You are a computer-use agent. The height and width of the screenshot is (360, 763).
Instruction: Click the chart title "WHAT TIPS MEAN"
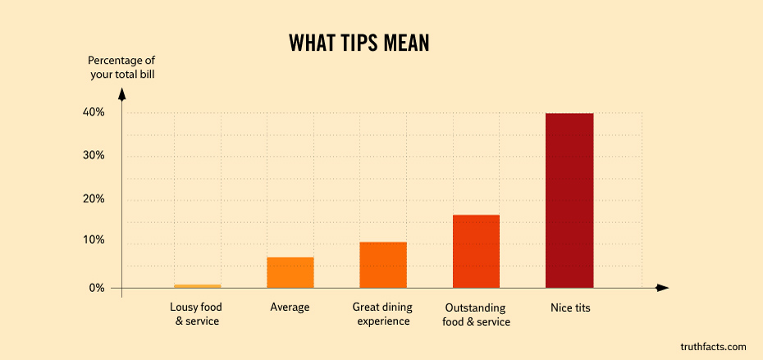coord(359,43)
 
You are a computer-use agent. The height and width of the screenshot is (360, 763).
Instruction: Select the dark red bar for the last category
coord(569,201)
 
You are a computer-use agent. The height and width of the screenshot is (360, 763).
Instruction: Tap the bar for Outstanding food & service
coord(476,251)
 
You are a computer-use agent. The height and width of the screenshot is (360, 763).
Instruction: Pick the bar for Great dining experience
coord(383,265)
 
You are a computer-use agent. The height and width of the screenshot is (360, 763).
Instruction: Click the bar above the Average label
coord(290,272)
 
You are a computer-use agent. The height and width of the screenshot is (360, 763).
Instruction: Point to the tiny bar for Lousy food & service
coord(197,286)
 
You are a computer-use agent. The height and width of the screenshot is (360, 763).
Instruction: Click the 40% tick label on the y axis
coord(94,112)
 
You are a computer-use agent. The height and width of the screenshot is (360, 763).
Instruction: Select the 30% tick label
coord(94,155)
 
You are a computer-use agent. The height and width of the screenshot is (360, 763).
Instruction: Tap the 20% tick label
coord(94,198)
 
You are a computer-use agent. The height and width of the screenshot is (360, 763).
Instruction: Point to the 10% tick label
coord(94,240)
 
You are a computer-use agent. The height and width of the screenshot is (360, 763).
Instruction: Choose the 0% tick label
coord(97,288)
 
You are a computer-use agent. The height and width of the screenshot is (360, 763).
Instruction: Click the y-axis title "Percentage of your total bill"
coord(121,67)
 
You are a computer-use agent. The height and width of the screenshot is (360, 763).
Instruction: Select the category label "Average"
coord(290,308)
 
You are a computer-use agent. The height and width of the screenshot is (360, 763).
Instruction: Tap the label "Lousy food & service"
coord(196,314)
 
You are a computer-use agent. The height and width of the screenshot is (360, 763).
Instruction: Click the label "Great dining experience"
coord(382,314)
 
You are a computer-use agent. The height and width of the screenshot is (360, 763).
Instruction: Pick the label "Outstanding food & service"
coord(476,315)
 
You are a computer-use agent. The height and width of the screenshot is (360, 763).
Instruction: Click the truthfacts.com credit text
coord(713,347)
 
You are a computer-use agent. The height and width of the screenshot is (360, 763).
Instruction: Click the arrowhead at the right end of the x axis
coord(663,288)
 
